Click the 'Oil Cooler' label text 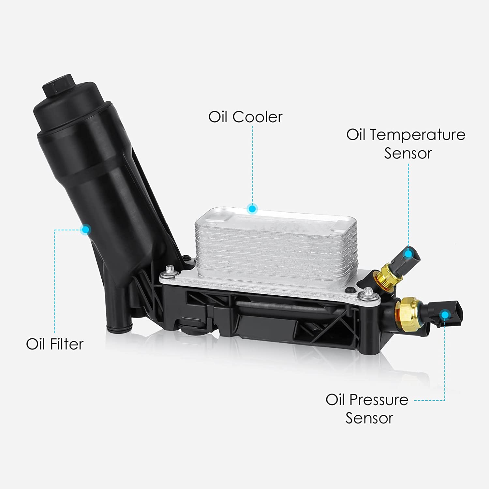(x=245, y=117)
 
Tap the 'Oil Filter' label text (x=55, y=344)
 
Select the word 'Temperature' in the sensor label (x=418, y=135)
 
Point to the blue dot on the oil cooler (x=252, y=208)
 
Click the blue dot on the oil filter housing (x=86, y=230)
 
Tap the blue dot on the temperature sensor (x=408, y=253)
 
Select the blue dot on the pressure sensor (x=444, y=315)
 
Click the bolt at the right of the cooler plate (x=368, y=292)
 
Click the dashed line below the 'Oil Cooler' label (x=252, y=163)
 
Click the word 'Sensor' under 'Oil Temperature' (x=408, y=153)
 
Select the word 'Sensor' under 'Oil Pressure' (x=369, y=418)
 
